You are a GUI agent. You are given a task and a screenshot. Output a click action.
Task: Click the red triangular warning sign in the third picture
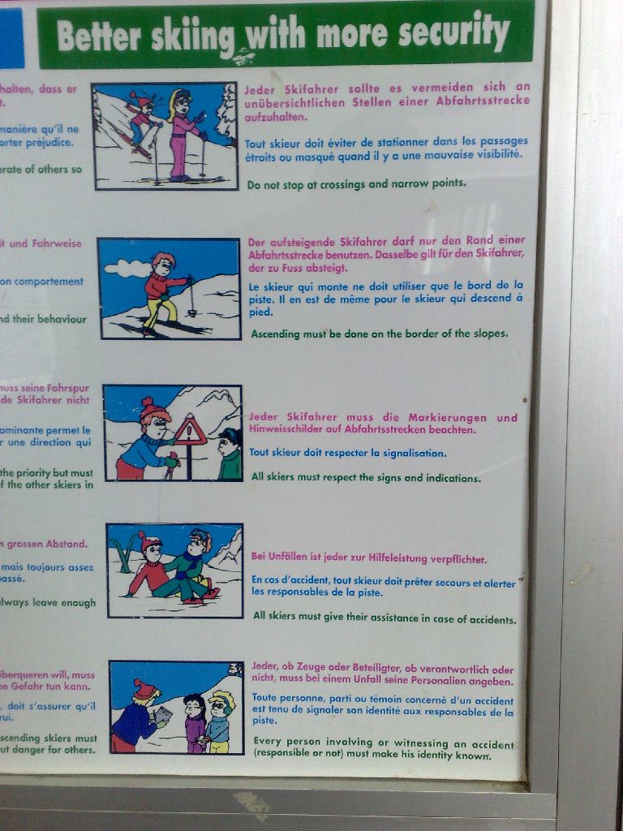[190, 430]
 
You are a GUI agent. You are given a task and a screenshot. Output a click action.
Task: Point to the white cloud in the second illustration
[127, 268]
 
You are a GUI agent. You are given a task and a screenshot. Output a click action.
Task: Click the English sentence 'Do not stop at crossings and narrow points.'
[356, 184]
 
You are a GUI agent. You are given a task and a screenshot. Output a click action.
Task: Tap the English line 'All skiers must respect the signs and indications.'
[365, 477]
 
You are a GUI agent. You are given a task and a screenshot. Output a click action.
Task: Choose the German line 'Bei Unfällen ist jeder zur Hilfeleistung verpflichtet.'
[369, 559]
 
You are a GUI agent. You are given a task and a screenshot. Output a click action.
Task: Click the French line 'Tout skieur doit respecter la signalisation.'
[347, 453]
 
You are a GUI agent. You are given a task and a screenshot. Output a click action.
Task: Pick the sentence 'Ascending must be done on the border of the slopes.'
[379, 334]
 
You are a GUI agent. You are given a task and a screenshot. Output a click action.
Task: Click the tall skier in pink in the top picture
[182, 134]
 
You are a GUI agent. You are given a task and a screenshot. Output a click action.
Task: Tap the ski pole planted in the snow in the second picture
[192, 296]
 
